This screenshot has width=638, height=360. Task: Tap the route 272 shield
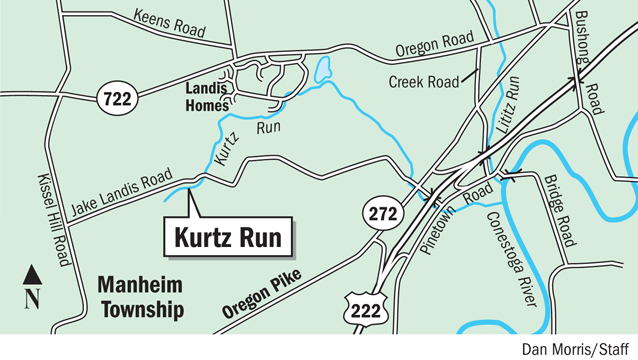[x=382, y=213]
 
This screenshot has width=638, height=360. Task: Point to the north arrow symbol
[x=31, y=285]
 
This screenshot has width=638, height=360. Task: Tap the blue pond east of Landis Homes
[x=322, y=69]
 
